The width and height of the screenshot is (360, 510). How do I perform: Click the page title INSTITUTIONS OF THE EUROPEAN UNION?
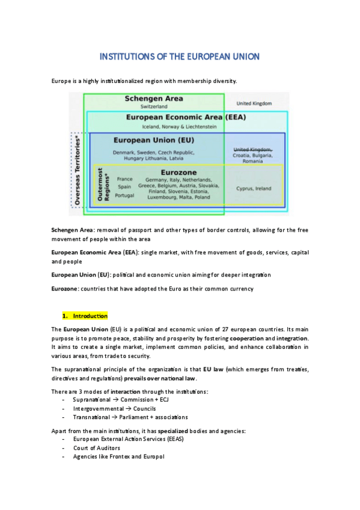point(179,57)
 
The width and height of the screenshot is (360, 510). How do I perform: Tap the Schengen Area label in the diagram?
point(154,99)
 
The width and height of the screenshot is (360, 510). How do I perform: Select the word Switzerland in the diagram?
point(154,107)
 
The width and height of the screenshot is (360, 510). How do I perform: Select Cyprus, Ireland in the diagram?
point(253,188)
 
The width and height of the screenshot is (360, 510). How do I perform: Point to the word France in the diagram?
point(124,179)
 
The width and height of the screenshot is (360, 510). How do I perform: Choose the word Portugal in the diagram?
point(124,195)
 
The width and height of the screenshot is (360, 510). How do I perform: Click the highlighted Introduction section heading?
point(90,316)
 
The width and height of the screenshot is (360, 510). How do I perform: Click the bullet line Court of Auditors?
point(96,447)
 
